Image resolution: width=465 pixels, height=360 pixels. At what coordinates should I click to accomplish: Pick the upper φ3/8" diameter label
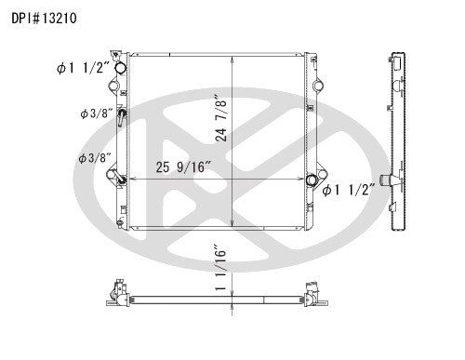(x=96, y=114)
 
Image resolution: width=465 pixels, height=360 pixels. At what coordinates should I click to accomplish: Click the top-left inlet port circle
(x=119, y=71)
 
